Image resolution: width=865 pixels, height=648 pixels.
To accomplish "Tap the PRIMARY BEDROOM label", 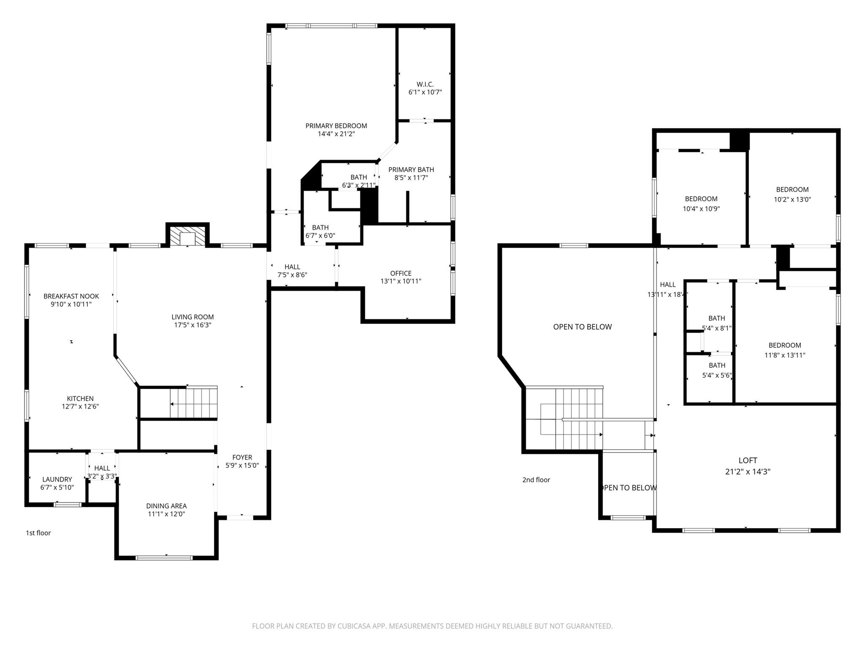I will point(336,126).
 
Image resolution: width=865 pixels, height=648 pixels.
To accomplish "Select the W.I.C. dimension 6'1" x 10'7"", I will point(425,92).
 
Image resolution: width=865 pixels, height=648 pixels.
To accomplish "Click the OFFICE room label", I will point(400,273).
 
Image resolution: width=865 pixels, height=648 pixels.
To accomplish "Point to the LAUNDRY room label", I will point(57,479).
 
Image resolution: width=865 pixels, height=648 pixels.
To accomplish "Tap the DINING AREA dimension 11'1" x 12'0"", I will point(166,514).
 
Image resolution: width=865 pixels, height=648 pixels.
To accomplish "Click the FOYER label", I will point(242,457).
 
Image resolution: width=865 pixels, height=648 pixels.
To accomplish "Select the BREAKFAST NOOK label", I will point(71,296).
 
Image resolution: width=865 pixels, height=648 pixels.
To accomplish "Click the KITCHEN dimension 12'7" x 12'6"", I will point(80,407).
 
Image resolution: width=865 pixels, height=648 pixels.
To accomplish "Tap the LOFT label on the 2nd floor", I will point(748,460).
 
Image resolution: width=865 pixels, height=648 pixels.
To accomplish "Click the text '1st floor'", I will point(38,533).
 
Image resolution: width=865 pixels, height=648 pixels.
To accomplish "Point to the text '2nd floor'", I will point(536,480).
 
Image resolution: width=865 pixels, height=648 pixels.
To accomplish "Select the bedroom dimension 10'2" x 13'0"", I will point(792,199).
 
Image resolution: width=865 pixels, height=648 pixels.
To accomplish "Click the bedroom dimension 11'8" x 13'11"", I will point(784,355).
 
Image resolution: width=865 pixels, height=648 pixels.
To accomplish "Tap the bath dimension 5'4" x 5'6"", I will point(717,375).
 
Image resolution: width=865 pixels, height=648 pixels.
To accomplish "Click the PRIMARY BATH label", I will point(411,170).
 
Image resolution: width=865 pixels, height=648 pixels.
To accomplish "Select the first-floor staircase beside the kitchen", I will point(193,403).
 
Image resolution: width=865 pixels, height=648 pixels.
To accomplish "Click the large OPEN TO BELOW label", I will point(582,327).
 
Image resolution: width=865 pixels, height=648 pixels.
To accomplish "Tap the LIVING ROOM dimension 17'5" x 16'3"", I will point(193,325).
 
